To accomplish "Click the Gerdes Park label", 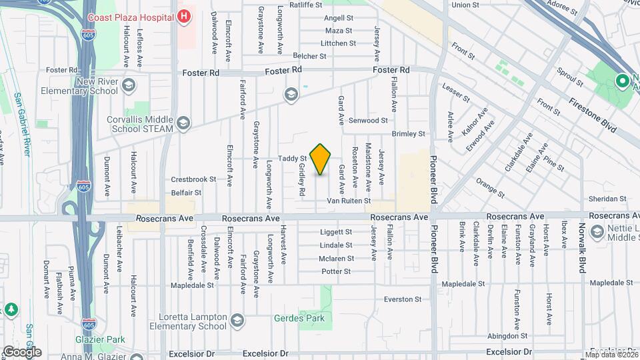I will click(x=299, y=318).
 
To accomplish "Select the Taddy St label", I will click(x=292, y=159).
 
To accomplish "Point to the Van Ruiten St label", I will click(x=348, y=201).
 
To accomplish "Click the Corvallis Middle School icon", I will click(x=183, y=124).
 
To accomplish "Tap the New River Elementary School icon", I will click(x=128, y=85).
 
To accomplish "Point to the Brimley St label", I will click(x=409, y=134).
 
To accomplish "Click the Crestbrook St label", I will click(x=194, y=179).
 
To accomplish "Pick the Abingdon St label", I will click(x=507, y=336).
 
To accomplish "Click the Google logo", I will click(x=22, y=351).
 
